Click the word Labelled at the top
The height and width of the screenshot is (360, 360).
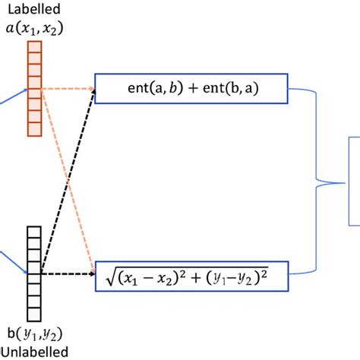click(33, 10)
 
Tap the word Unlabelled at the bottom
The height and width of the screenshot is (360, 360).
click(33, 351)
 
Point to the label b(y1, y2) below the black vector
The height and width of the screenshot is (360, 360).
click(33, 335)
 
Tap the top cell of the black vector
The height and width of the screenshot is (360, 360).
click(33, 232)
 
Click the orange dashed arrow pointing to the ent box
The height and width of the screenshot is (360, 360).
click(68, 89)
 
